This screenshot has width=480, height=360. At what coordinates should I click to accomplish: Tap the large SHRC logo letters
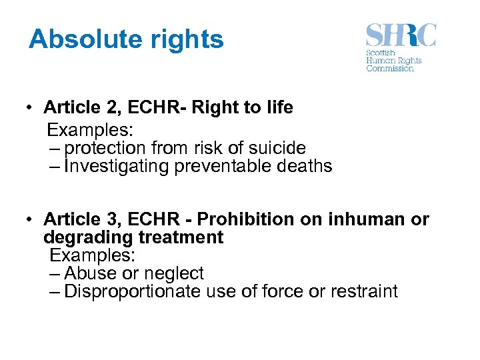(x=401, y=35)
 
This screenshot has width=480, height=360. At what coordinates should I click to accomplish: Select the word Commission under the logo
(x=390, y=68)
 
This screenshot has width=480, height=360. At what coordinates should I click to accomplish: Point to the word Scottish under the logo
(x=381, y=53)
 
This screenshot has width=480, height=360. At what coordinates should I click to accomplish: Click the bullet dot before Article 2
(x=31, y=108)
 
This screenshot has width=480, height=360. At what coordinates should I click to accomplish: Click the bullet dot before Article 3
(x=31, y=219)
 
